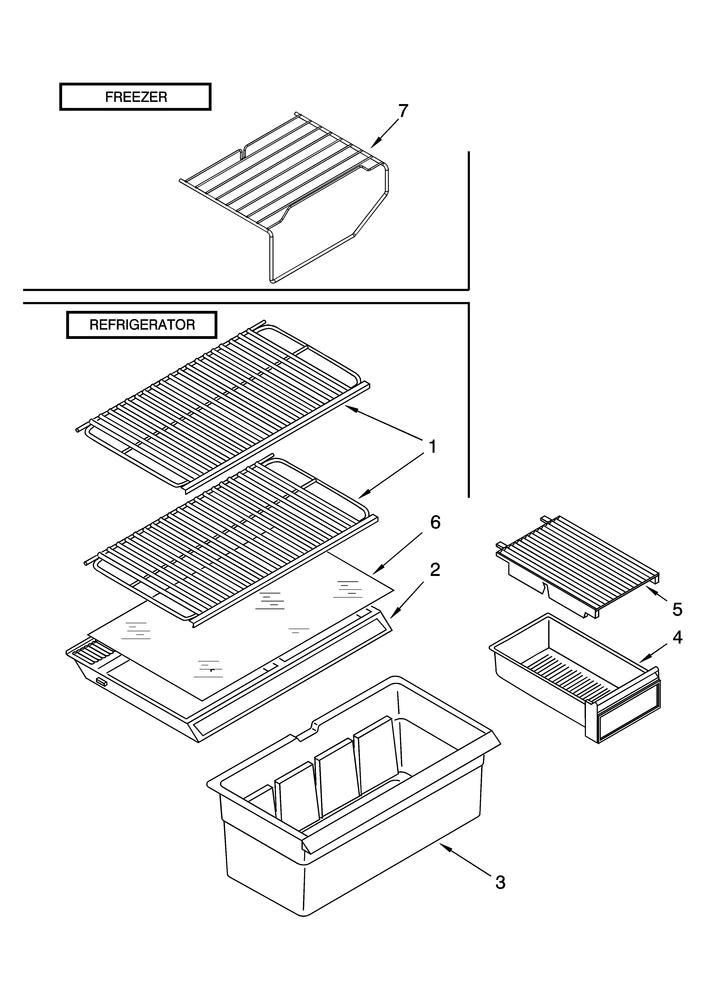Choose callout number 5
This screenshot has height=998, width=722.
point(677,609)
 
